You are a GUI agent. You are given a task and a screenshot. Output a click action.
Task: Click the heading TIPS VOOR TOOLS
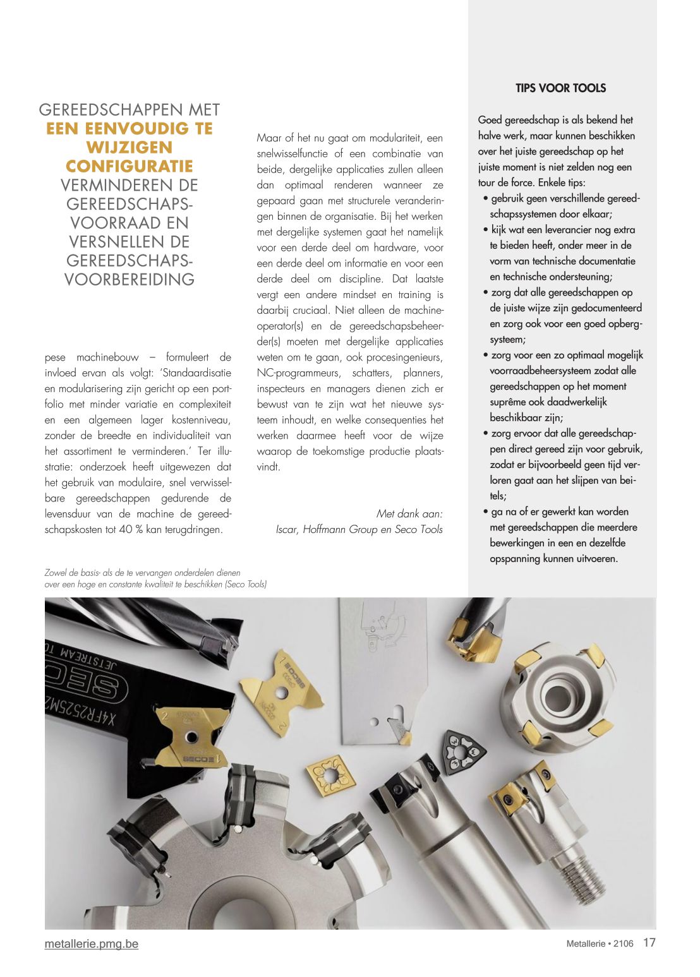(560, 88)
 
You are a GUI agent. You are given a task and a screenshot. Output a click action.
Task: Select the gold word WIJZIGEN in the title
(130, 147)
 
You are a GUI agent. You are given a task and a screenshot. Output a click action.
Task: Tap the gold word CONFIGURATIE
(130, 166)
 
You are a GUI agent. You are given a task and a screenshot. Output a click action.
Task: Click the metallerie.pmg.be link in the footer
(92, 944)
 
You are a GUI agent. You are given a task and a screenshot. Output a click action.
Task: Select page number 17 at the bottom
(649, 943)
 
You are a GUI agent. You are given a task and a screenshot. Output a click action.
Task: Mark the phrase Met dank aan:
(409, 513)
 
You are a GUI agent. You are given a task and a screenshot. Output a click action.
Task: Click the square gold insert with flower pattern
(331, 774)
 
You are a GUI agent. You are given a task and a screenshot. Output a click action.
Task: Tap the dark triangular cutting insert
(464, 751)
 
